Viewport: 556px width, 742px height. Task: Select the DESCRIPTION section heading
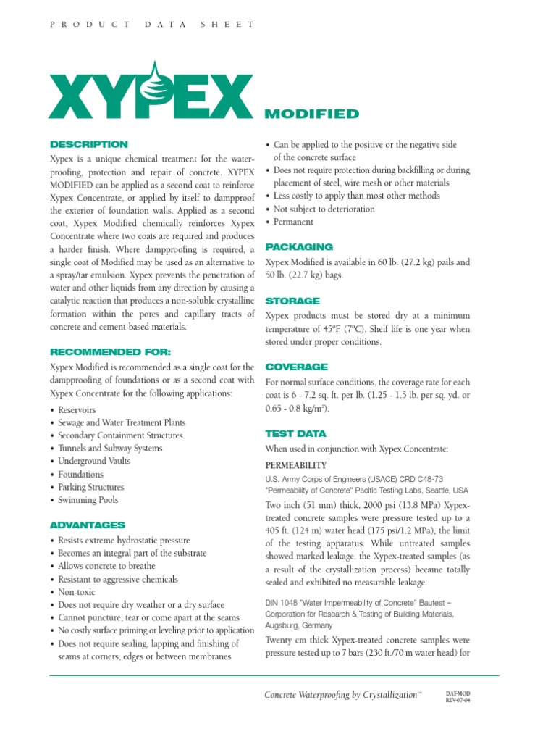click(x=88, y=144)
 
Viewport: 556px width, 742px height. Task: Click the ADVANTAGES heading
click(x=87, y=525)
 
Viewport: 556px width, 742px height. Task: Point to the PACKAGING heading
click(x=299, y=246)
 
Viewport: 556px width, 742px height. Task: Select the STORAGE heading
click(x=292, y=300)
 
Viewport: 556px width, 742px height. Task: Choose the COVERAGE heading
click(x=297, y=367)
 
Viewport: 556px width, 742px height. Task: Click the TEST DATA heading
click(x=295, y=433)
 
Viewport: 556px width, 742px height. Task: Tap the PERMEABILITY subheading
click(x=296, y=465)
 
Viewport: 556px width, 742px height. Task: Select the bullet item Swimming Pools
click(x=88, y=500)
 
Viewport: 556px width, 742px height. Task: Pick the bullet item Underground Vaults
click(x=94, y=461)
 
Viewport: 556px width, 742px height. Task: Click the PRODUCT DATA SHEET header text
click(x=151, y=24)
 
